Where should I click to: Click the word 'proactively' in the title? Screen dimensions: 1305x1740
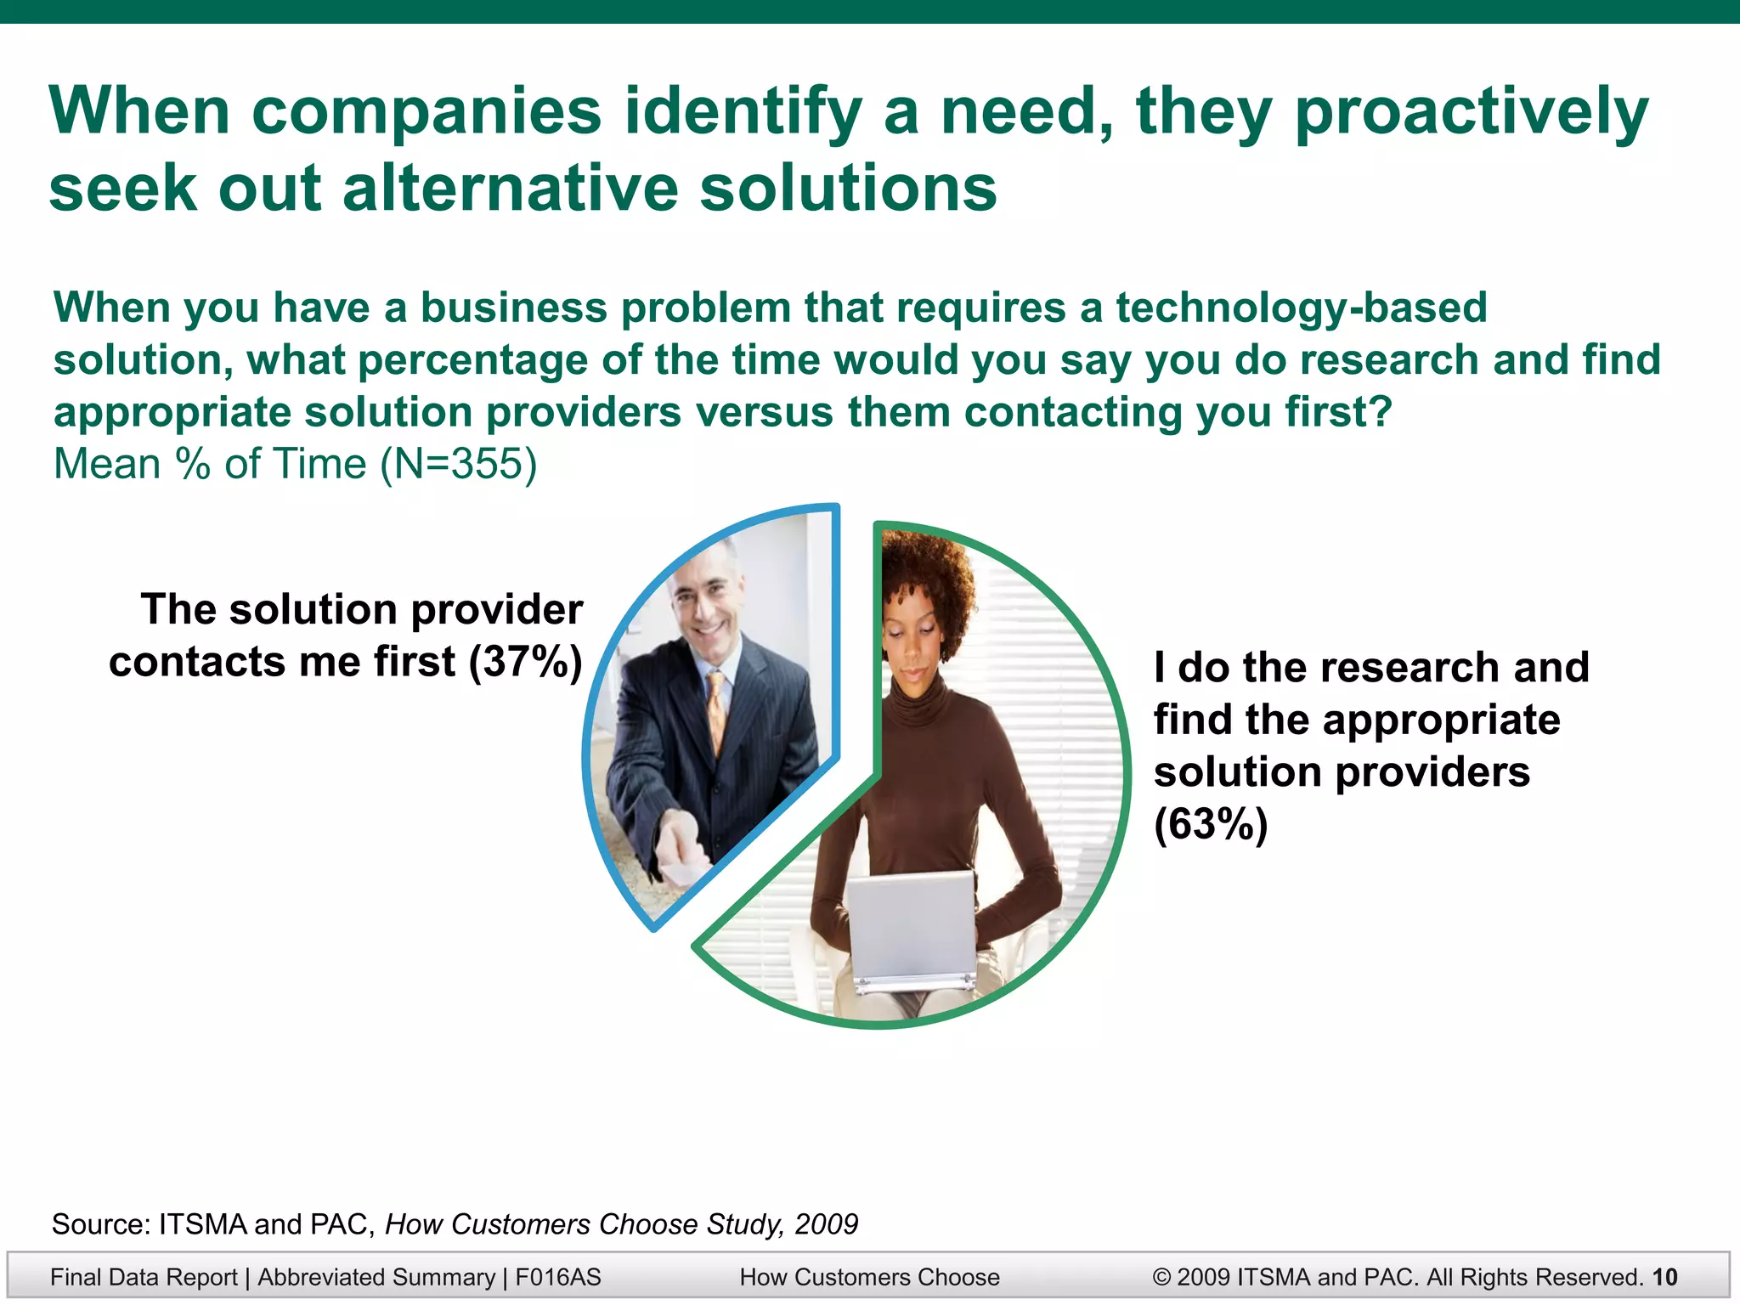[1472, 113]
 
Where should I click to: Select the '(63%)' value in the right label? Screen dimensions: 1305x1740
[1210, 824]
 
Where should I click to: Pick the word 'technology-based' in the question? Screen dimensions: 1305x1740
[1301, 308]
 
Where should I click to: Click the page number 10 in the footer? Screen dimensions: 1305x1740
[1665, 1277]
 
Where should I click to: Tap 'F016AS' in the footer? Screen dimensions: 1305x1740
[557, 1277]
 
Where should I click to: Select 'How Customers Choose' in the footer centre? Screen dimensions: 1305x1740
[869, 1277]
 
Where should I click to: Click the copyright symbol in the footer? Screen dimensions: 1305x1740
[1161, 1277]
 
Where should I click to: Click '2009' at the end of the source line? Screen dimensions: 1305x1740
[826, 1224]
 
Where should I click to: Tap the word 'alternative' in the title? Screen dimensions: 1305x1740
[510, 189]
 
